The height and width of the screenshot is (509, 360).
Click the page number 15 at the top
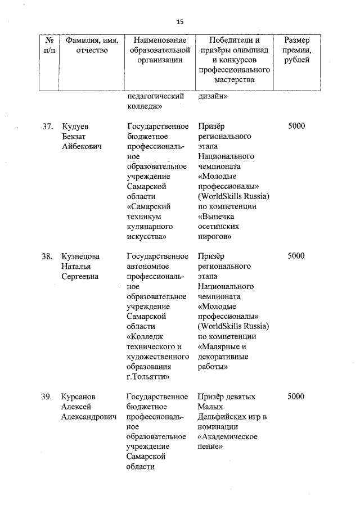[179, 22]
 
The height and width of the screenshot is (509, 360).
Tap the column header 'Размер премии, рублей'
[296, 51]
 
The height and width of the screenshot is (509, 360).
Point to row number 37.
[47, 126]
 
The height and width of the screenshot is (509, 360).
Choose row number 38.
[47, 256]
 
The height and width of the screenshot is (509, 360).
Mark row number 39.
[47, 397]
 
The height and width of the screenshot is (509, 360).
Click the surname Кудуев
[76, 126]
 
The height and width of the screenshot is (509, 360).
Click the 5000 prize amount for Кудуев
[296, 126]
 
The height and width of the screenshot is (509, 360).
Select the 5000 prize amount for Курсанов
[296, 397]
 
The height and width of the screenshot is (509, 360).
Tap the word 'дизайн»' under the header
[213, 96]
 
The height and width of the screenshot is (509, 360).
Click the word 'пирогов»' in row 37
[215, 237]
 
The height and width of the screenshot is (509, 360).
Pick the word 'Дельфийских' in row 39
[221, 417]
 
